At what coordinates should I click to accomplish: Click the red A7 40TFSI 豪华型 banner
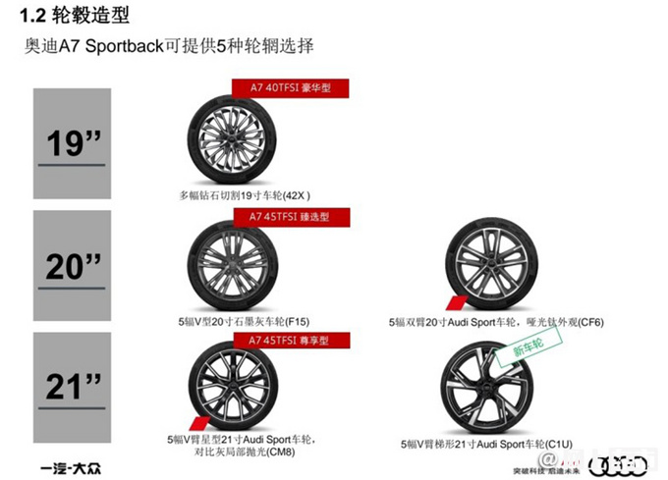(x=293, y=87)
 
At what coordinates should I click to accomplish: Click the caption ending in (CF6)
(x=494, y=320)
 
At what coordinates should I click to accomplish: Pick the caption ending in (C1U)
(x=494, y=443)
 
